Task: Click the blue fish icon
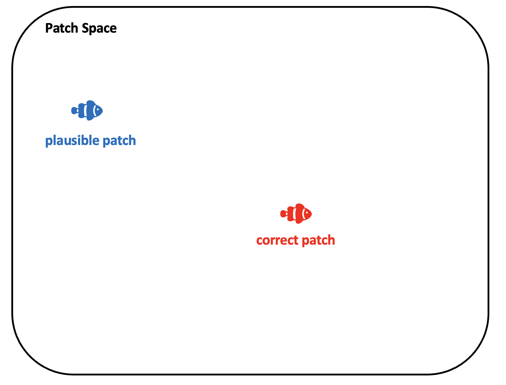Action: (87, 110)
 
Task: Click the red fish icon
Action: (296, 214)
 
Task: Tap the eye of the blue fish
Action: (98, 110)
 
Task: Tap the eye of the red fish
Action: (307, 213)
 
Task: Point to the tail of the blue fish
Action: (74, 111)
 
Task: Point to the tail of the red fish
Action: (283, 214)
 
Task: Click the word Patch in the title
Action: (62, 28)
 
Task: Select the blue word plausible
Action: (72, 140)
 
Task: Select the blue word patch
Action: (119, 141)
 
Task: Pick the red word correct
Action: (277, 240)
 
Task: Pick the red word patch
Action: (318, 240)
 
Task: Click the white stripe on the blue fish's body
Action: (85, 111)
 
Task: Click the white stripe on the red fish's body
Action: (294, 214)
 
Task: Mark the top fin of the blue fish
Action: (91, 102)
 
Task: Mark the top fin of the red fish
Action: (300, 206)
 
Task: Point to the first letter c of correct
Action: (260, 241)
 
